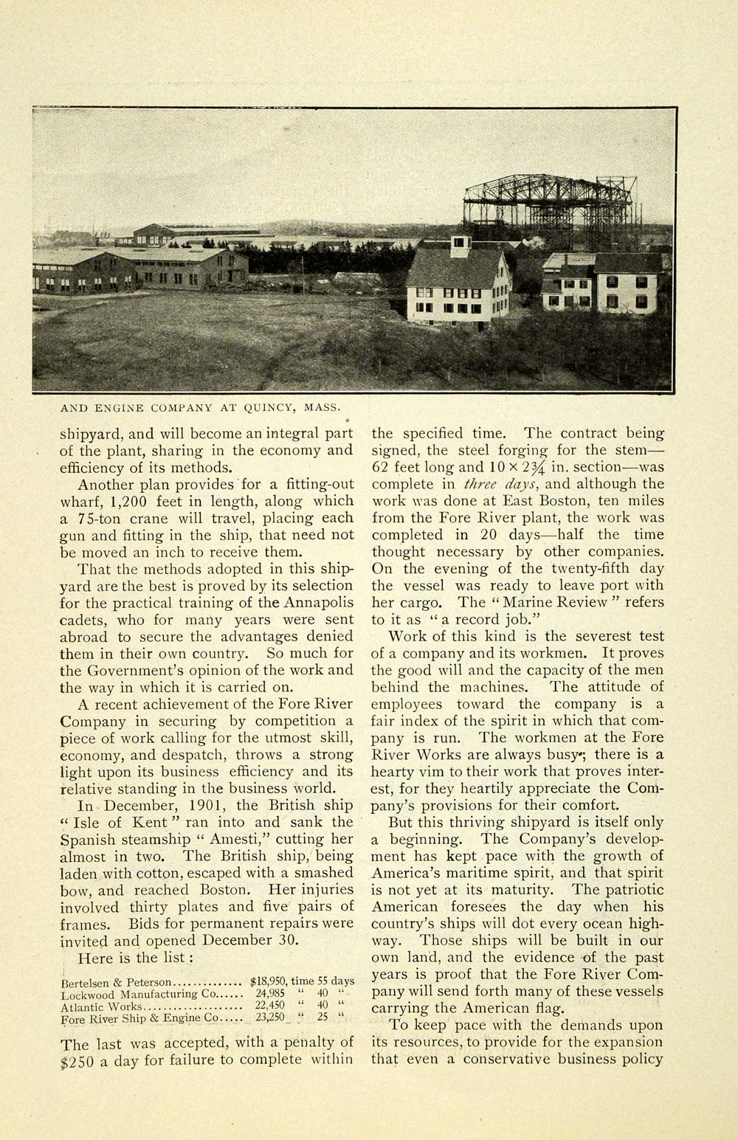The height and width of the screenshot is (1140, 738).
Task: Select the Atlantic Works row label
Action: [102, 1006]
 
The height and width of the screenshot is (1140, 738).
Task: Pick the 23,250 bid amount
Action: [270, 1018]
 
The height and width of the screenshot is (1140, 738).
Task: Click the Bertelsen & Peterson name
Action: [116, 982]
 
